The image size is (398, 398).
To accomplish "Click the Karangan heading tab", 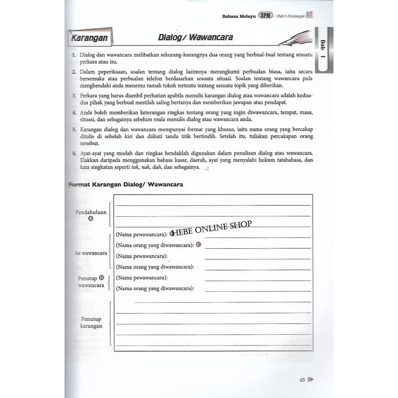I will (x=89, y=38).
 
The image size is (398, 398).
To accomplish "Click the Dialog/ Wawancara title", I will (x=195, y=38).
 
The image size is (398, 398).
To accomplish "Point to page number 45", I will (x=302, y=380).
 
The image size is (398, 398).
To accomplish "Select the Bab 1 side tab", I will (x=323, y=50).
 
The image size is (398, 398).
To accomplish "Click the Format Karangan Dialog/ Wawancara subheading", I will (x=126, y=184).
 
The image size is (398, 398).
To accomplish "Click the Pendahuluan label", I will (x=91, y=212).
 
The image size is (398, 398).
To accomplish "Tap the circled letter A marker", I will (x=91, y=218).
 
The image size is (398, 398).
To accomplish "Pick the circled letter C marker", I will (x=198, y=244).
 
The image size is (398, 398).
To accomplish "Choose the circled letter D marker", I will (x=101, y=278).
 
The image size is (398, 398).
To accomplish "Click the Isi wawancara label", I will (x=91, y=253).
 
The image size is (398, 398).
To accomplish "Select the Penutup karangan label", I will (x=91, y=323).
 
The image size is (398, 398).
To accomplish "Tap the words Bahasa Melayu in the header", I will (x=239, y=16).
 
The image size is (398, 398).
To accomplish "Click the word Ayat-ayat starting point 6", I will (x=92, y=154).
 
